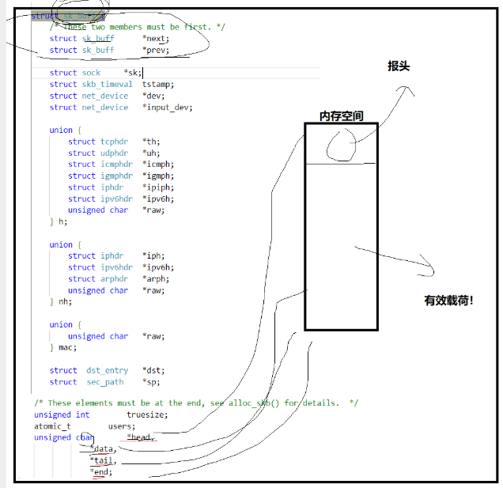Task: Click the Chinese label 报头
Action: [x=399, y=66]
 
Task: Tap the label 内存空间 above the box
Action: [x=342, y=115]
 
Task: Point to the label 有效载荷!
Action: [x=448, y=301]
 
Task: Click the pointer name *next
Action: [x=156, y=38]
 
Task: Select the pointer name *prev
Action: [x=156, y=50]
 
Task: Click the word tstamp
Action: [x=157, y=84]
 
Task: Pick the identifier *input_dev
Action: [x=167, y=107]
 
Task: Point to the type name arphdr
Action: [x=114, y=278]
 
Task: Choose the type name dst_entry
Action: [x=107, y=370]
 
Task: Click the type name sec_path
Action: [x=104, y=382]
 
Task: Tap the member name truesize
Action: [x=147, y=414]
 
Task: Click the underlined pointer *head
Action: [x=140, y=437]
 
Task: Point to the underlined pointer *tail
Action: [x=103, y=460]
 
